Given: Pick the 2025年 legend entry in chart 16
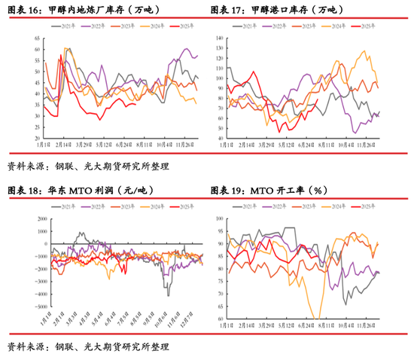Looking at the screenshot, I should tap(176, 26).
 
